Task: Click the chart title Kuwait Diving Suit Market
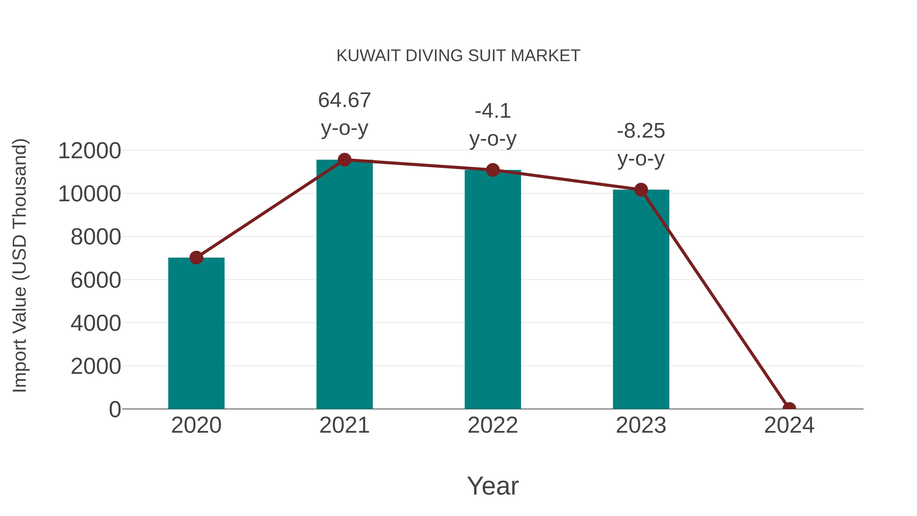click(x=458, y=56)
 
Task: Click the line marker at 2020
click(x=196, y=257)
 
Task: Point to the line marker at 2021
click(x=344, y=160)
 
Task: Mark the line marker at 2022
click(x=493, y=170)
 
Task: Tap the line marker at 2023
click(x=641, y=190)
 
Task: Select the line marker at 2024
click(x=789, y=408)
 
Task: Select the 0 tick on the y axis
click(x=115, y=409)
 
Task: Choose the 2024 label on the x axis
click(x=789, y=425)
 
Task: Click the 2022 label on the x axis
click(x=493, y=425)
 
